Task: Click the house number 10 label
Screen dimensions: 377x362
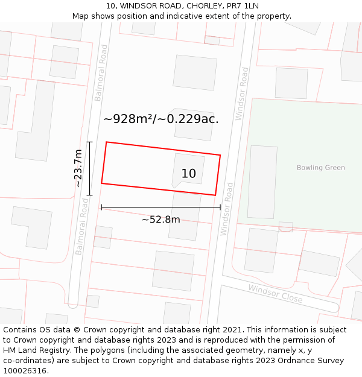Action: click(188, 174)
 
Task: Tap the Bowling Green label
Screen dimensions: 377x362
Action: click(320, 168)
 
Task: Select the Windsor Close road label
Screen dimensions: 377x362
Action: click(275, 294)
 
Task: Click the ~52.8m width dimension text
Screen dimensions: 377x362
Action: click(160, 220)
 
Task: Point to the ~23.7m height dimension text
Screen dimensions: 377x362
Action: click(78, 169)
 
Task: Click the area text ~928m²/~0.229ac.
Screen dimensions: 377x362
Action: click(160, 119)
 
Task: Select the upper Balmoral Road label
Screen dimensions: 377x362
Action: click(101, 74)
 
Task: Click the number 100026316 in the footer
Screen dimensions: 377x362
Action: click(25, 371)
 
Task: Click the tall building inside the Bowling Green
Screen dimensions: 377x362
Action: click(262, 182)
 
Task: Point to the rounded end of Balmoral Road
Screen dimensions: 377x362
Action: click(73, 304)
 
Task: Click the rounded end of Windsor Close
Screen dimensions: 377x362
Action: click(334, 307)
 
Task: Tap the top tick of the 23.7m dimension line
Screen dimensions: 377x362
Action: click(90, 142)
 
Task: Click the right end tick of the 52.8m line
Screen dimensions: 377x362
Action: click(221, 207)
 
